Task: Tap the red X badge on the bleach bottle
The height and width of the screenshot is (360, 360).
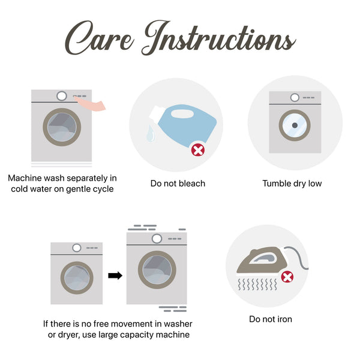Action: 198,151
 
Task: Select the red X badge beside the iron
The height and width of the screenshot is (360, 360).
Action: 287,277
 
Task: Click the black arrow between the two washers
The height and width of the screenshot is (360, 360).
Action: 115,275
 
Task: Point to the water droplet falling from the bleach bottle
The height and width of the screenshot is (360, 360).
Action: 151,133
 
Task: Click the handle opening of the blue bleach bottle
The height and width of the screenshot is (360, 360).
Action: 182,113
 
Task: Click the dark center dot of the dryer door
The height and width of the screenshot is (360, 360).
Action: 295,125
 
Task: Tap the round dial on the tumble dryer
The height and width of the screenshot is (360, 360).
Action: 295,98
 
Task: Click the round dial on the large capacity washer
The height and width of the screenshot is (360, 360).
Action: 157,239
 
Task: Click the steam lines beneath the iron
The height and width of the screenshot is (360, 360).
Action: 257,284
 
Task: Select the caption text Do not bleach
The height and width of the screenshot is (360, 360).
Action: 178,184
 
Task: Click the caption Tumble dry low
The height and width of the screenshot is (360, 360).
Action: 292,184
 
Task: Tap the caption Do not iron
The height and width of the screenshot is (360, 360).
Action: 271,319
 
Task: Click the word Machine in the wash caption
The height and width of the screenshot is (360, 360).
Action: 25,178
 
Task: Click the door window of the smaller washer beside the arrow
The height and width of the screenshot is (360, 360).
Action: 77,278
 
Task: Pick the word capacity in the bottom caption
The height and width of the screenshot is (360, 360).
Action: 137,335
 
